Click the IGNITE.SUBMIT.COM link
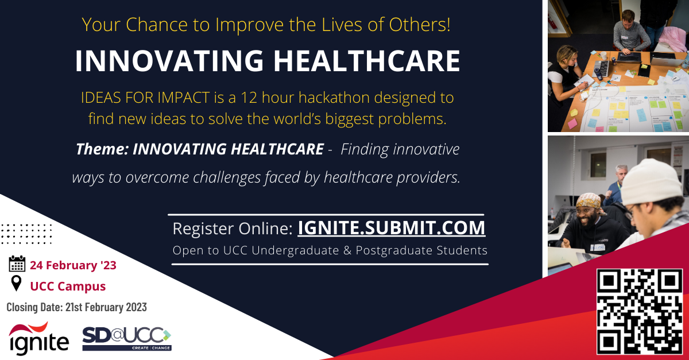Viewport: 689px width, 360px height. pyautogui.click(x=391, y=228)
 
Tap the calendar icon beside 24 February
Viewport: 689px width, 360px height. pyautogui.click(x=17, y=264)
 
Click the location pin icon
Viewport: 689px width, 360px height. pyautogui.click(x=16, y=284)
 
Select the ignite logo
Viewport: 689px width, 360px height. pyautogui.click(x=39, y=338)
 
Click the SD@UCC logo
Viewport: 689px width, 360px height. pyautogui.click(x=127, y=339)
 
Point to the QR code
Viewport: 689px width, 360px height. pyautogui.click(x=640, y=311)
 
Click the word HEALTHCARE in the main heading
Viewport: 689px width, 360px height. pyautogui.click(x=367, y=61)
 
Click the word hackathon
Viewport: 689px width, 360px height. pyautogui.click(x=316, y=98)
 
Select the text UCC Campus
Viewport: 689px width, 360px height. pyautogui.click(x=68, y=286)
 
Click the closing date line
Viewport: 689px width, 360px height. pyautogui.click(x=76, y=307)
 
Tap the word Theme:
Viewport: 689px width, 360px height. pyautogui.click(x=102, y=149)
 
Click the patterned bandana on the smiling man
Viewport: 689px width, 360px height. pyautogui.click(x=589, y=201)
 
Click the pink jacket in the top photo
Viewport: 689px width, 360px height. pyautogui.click(x=673, y=39)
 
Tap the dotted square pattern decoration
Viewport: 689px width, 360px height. pyautogui.click(x=26, y=234)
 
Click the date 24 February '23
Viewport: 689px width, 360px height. pyautogui.click(x=73, y=265)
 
